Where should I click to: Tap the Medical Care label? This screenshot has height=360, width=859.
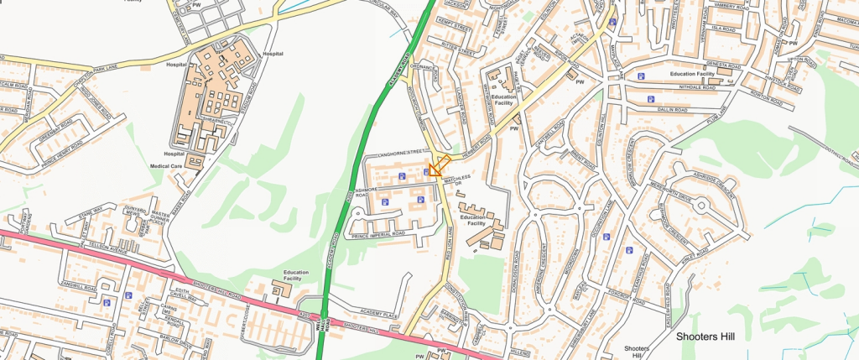167,166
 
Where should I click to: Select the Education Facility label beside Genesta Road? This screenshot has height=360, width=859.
691,75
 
